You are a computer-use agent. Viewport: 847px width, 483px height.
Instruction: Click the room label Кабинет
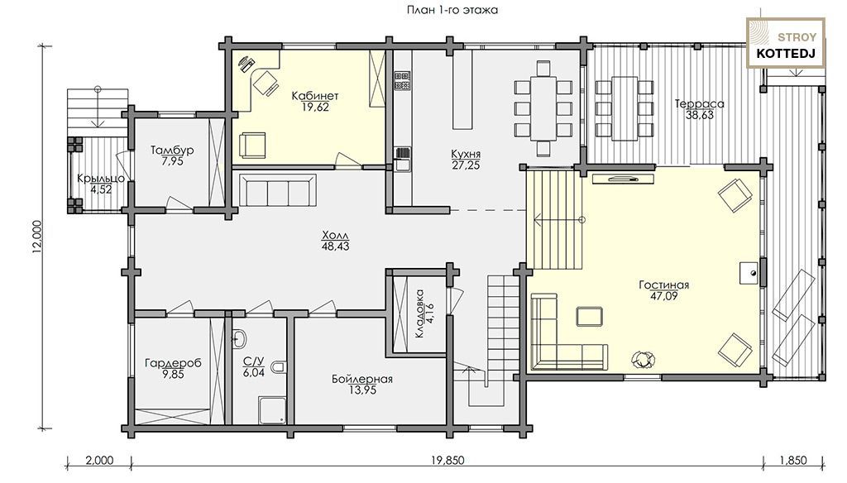(x=315, y=96)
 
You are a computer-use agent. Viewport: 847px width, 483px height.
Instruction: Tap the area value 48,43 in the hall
(x=336, y=247)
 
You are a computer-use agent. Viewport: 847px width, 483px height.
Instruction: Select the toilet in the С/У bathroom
(x=279, y=368)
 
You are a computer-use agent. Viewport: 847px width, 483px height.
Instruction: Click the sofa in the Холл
(x=278, y=190)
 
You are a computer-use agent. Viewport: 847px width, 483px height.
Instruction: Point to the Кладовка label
(x=420, y=314)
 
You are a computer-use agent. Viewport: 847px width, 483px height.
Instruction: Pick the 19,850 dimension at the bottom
(x=447, y=461)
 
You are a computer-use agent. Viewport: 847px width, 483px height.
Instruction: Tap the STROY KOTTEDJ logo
(x=786, y=43)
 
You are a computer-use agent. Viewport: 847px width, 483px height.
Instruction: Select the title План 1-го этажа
(x=452, y=10)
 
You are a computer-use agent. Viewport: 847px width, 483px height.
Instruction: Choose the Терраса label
(x=700, y=103)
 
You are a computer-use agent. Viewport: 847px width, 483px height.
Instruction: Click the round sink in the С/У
(x=240, y=339)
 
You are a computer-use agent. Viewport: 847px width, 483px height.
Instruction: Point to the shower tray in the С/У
(x=272, y=410)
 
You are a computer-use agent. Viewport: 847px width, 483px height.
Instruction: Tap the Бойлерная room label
(x=362, y=380)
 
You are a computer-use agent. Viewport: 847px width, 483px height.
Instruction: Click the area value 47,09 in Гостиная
(x=664, y=296)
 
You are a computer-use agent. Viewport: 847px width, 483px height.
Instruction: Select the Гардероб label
(x=173, y=363)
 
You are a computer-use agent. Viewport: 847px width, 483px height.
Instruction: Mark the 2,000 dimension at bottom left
(x=100, y=461)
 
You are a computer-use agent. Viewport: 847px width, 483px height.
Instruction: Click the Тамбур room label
(x=172, y=151)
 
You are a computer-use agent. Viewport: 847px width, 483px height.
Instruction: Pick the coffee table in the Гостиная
(x=589, y=317)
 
